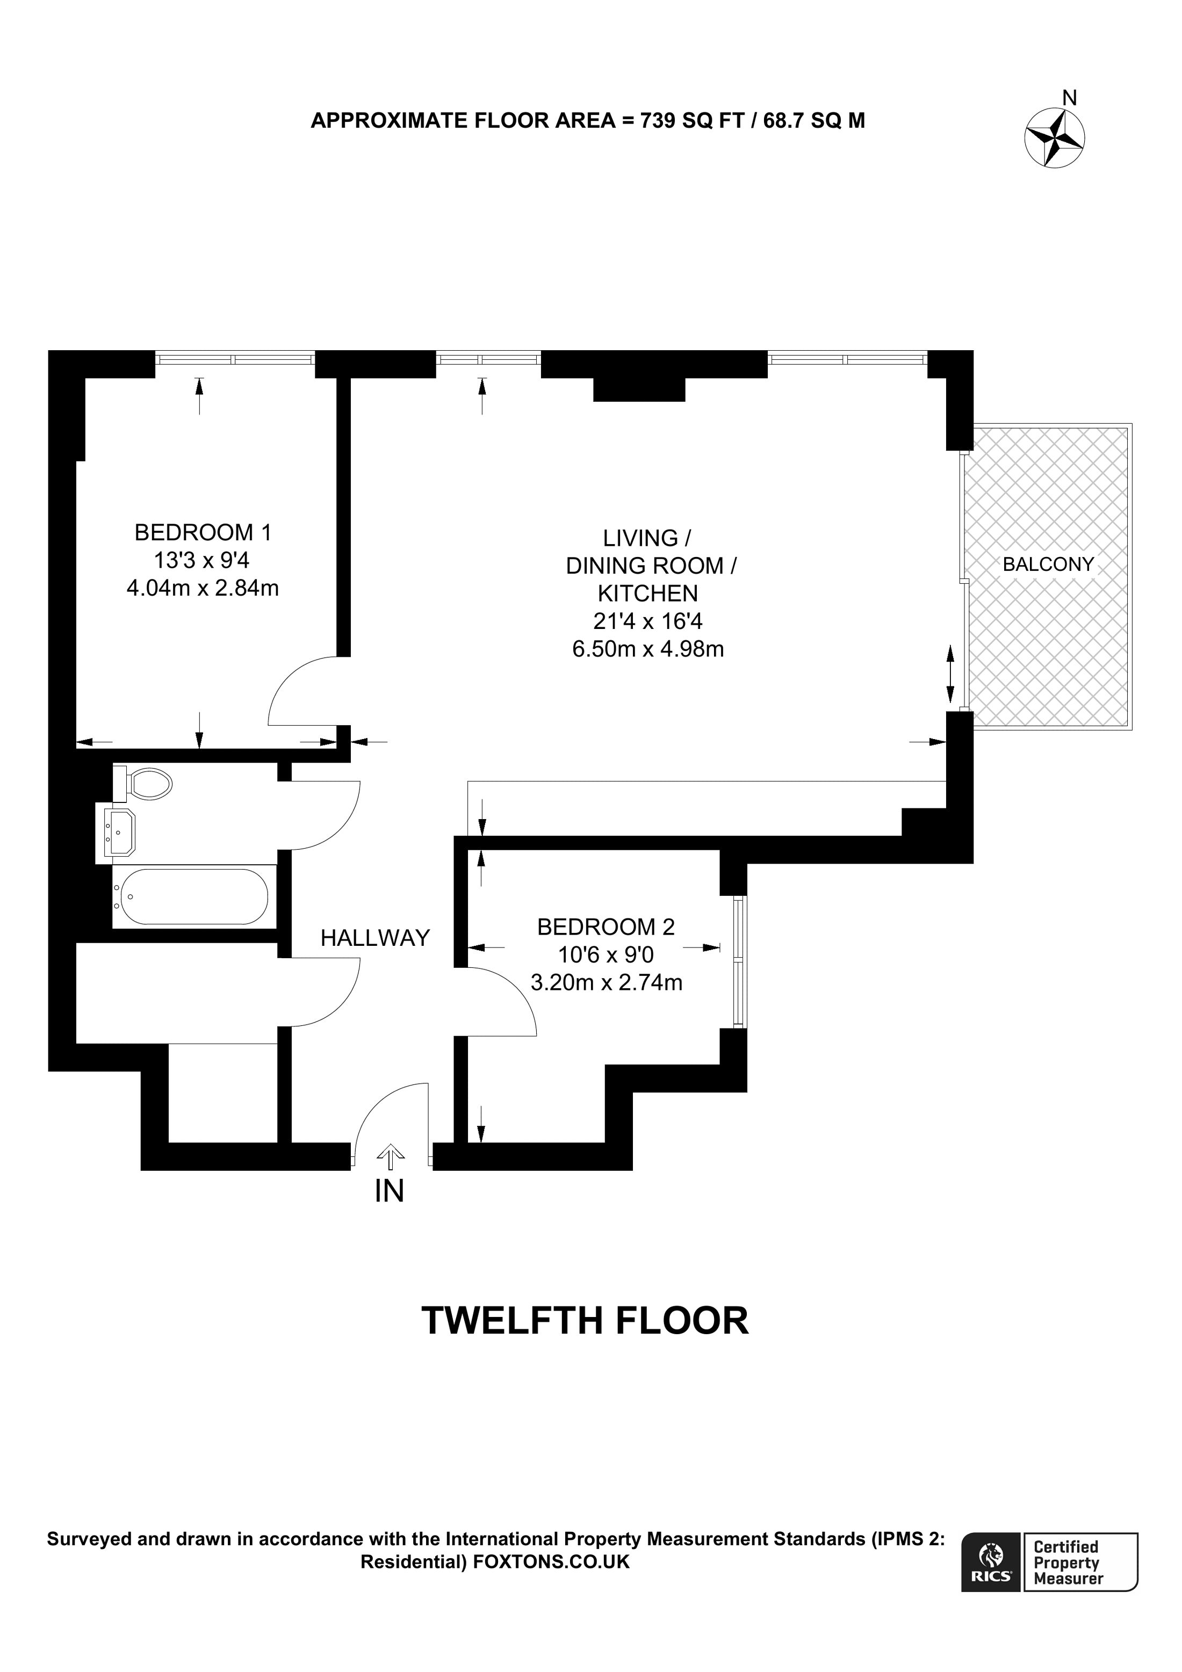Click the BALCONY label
tap(1048, 564)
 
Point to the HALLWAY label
tap(375, 938)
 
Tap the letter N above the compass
tap(1069, 98)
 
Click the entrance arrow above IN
tap(391, 1154)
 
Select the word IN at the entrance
tap(389, 1191)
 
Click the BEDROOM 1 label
tap(203, 532)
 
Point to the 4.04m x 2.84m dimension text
tap(203, 588)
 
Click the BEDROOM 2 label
tap(606, 927)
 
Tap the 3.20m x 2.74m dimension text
tap(607, 982)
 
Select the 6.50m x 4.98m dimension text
tap(648, 649)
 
